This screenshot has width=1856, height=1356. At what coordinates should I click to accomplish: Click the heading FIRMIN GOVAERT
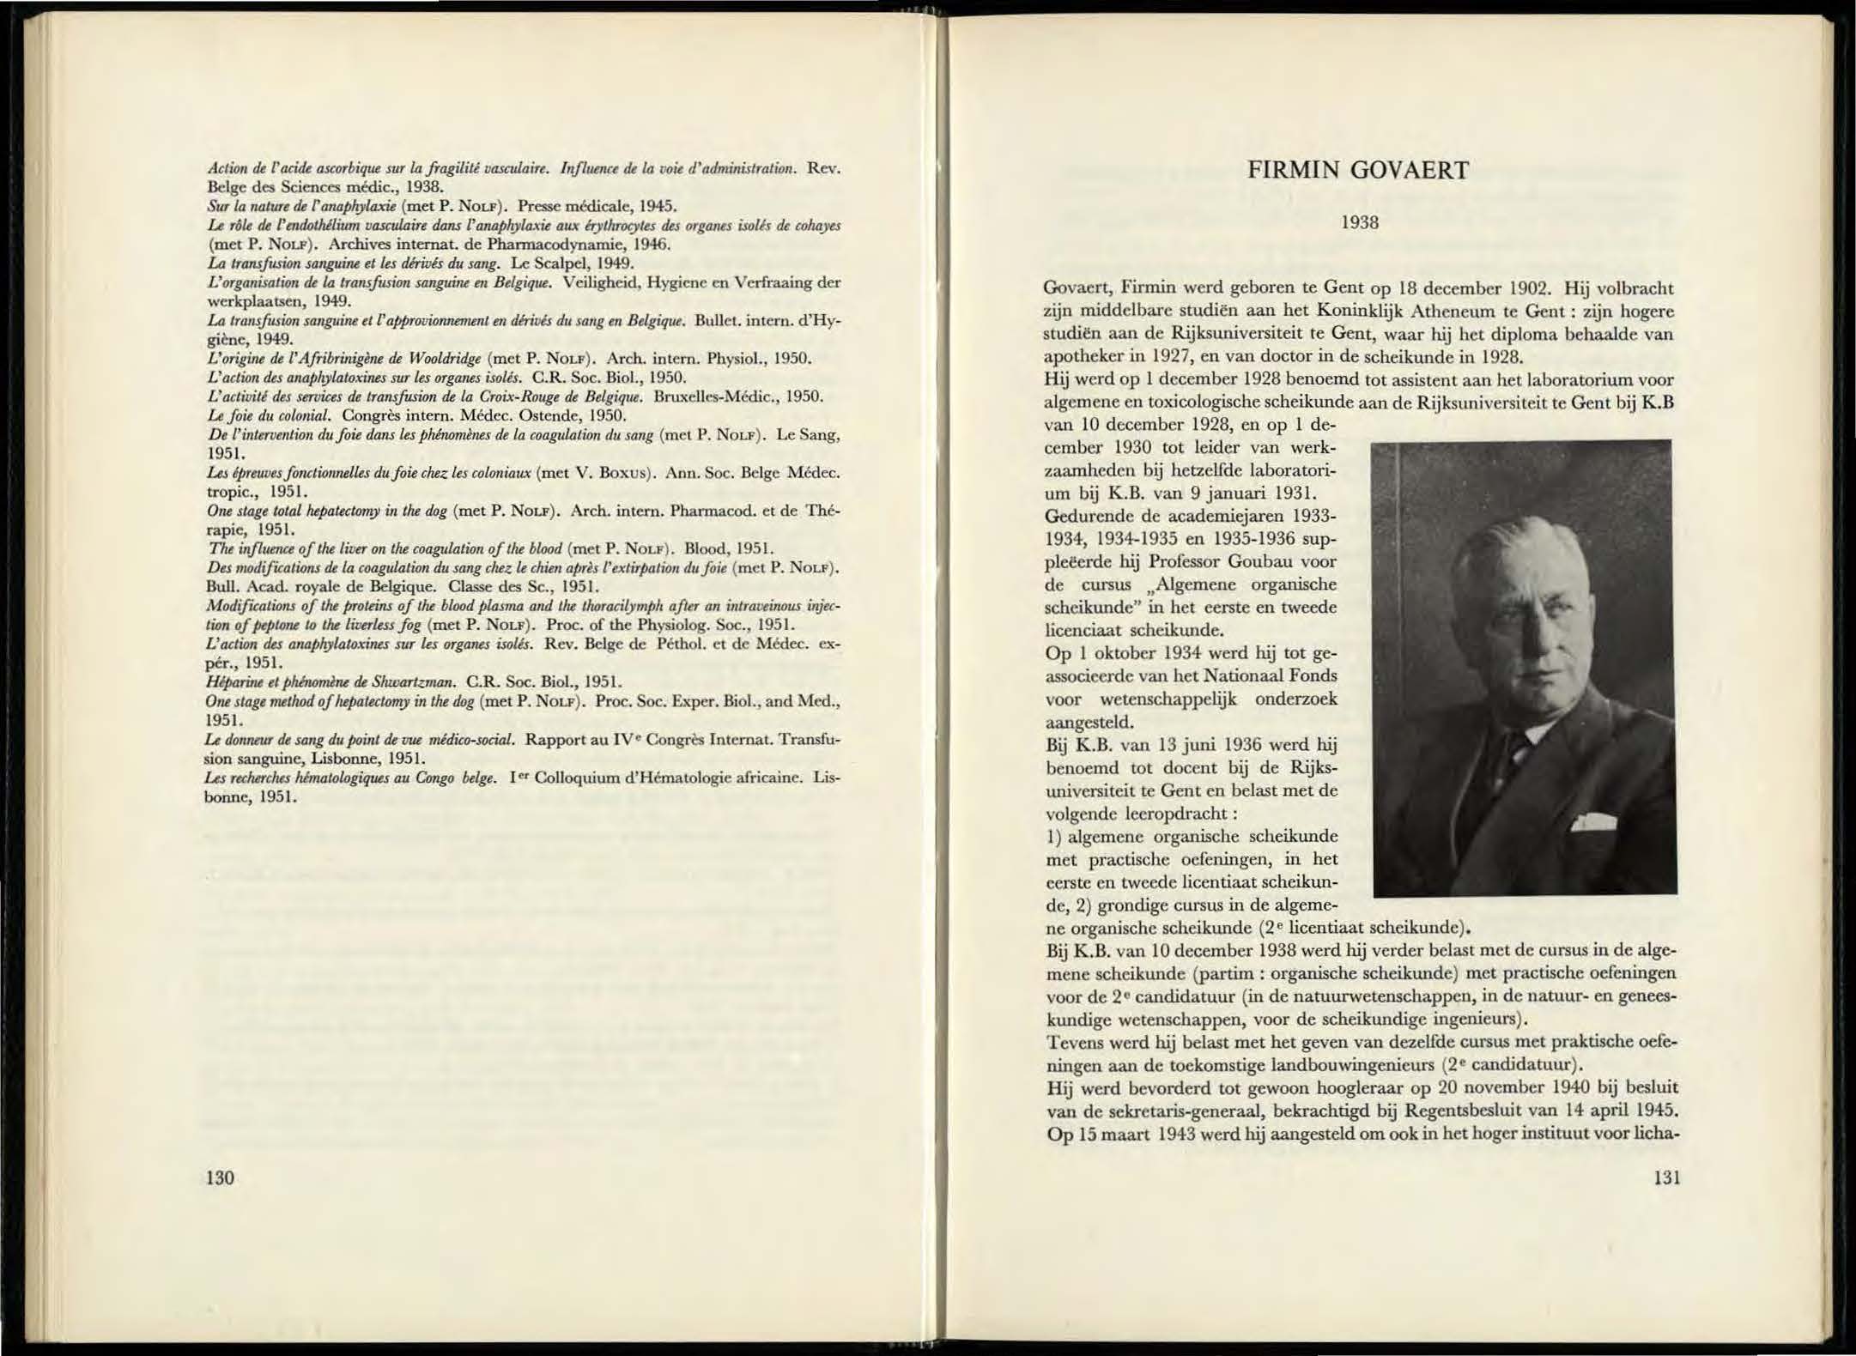(1358, 170)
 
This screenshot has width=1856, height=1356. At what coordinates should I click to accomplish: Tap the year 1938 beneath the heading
(1359, 223)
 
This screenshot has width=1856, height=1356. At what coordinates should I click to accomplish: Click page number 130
(221, 1177)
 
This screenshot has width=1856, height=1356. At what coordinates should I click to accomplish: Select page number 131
(1665, 1177)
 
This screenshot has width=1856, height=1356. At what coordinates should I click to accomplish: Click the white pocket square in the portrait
(1593, 824)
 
